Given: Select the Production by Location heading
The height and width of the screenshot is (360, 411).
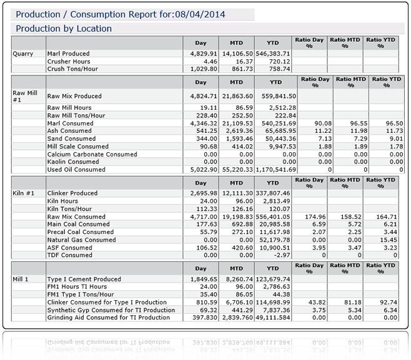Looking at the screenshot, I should tap(64, 29).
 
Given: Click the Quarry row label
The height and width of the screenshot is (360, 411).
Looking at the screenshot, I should tap(23, 54).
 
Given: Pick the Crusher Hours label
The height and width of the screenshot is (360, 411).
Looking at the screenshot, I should tap(69, 61).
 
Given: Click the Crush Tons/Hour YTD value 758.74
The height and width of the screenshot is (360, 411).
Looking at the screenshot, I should tap(279, 69).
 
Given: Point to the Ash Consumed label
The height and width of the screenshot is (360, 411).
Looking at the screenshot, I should tap(70, 131).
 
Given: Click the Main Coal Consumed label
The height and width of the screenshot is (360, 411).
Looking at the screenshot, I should tap(79, 224).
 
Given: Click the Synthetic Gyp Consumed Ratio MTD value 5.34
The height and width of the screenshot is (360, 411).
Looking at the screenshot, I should tap(354, 309).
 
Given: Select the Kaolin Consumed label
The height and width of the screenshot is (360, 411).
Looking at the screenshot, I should tap(73, 162).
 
